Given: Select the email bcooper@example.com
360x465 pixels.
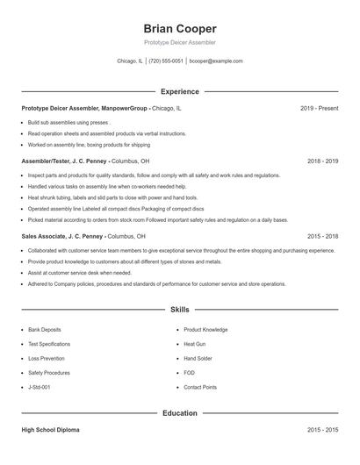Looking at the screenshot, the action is (216, 61).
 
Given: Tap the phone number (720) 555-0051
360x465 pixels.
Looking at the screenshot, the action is (166, 61).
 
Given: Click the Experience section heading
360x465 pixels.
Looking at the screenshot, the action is (179, 91).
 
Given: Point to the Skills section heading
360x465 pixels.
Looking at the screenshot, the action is (179, 310).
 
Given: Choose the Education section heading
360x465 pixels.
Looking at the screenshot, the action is (179, 412).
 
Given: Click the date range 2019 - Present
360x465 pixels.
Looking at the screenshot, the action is (319, 108).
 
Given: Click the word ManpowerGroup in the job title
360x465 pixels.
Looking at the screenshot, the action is (126, 108).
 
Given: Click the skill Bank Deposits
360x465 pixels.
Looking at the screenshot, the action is (45, 330).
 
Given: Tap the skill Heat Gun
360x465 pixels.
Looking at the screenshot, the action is (195, 344).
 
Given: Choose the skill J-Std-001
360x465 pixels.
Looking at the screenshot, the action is (40, 387).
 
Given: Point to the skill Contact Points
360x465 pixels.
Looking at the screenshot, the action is (200, 387).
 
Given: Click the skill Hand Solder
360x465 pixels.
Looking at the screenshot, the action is (198, 358).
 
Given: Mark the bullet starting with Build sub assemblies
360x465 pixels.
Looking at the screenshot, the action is (68, 123).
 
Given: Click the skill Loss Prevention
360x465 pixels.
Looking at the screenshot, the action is (46, 358).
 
